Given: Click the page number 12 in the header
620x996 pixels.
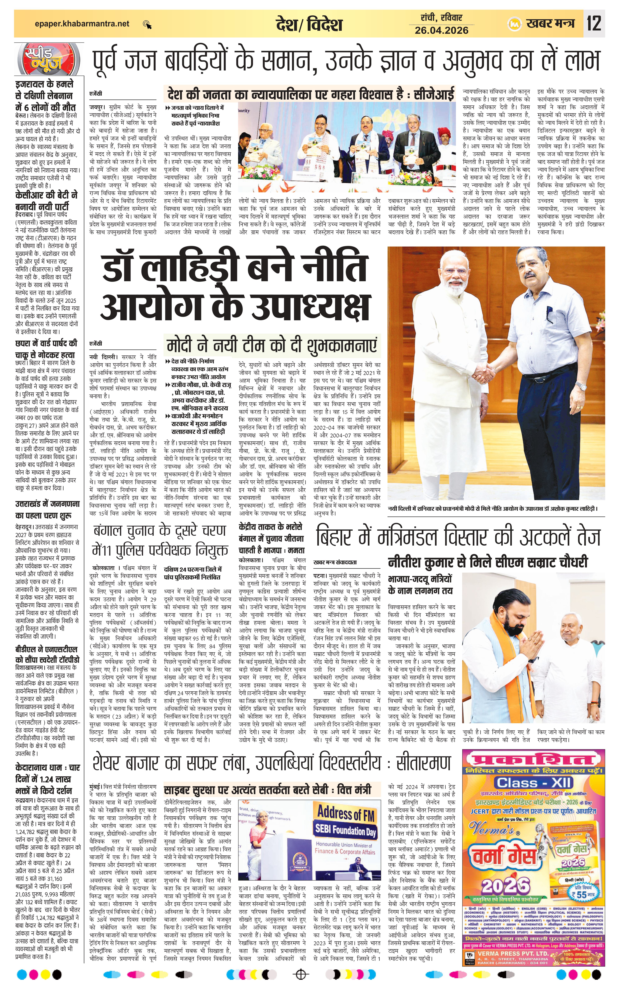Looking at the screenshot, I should (594, 23).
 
